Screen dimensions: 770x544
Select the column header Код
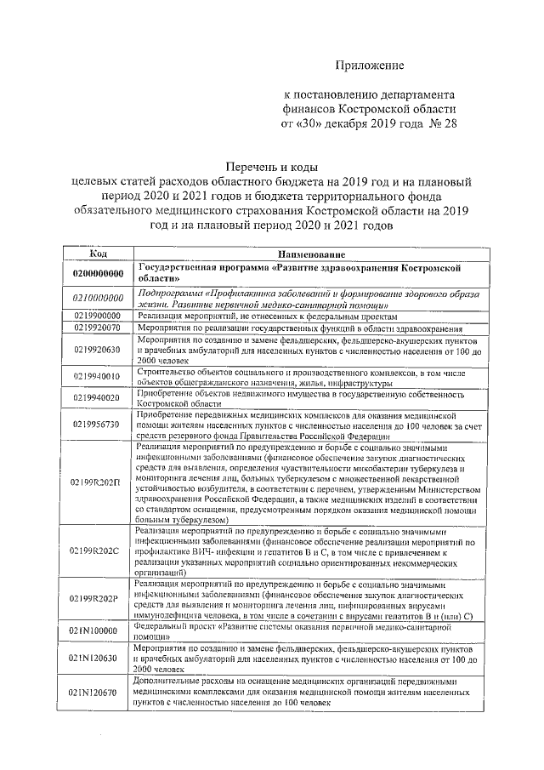pyautogui.click(x=98, y=254)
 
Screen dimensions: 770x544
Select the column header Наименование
pyautogui.click(x=309, y=254)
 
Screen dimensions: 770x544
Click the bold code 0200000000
pyautogui.click(x=98, y=273)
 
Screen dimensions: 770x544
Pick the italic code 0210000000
pyautogui.click(x=98, y=298)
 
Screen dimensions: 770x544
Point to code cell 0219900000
pyautogui.click(x=98, y=315)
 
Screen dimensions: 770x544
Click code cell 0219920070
pyautogui.click(x=98, y=327)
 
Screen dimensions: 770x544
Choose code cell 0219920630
pyautogui.click(x=98, y=349)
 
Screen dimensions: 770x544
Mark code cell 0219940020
pyautogui.click(x=98, y=397)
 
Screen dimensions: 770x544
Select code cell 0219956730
pyautogui.click(x=98, y=424)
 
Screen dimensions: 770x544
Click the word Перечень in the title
pyautogui.click(x=250, y=167)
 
